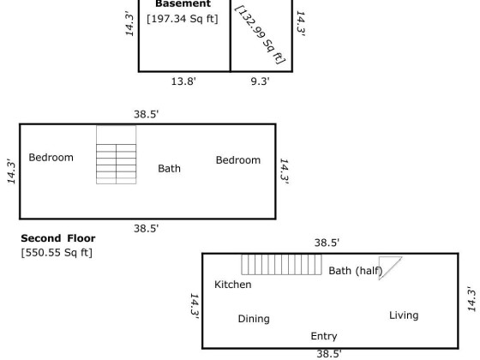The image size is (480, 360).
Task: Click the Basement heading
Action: (x=183, y=4)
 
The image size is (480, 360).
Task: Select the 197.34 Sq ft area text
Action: (x=183, y=19)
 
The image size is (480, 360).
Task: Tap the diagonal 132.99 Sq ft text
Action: (x=260, y=34)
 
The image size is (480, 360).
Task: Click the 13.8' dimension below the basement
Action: (x=183, y=81)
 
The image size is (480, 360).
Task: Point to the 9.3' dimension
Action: (x=261, y=81)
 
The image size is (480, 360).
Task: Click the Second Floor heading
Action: (x=58, y=238)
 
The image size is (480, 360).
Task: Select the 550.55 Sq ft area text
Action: (x=57, y=253)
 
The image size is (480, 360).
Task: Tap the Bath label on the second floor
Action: (x=170, y=168)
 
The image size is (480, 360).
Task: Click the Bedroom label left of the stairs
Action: (x=51, y=158)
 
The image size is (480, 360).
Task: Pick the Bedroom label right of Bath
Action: (x=238, y=159)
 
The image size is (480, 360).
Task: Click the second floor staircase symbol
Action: (x=117, y=155)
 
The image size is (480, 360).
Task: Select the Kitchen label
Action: (x=233, y=285)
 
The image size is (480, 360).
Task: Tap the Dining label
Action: (x=254, y=319)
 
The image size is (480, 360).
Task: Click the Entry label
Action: (x=324, y=336)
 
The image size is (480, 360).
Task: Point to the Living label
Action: (x=404, y=315)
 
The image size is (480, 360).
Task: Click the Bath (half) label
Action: (x=356, y=271)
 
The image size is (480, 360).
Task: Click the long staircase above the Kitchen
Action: (x=281, y=265)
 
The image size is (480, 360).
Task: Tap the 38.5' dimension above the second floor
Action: (x=147, y=114)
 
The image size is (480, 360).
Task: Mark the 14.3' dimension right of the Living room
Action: (x=472, y=299)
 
